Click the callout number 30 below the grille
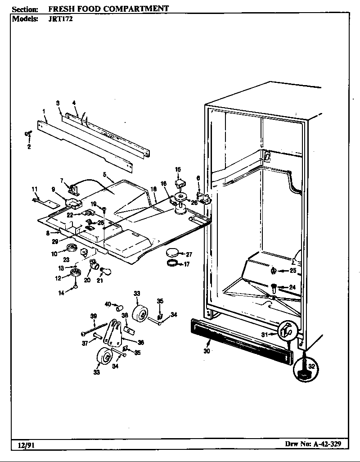(x=207, y=351)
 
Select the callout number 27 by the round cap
(x=189, y=254)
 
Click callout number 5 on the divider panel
(x=104, y=174)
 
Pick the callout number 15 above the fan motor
(x=178, y=169)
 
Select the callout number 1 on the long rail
(x=44, y=110)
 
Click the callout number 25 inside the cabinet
(x=292, y=271)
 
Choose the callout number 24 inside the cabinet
(x=292, y=287)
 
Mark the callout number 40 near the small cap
(x=108, y=304)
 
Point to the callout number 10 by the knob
(x=54, y=254)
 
